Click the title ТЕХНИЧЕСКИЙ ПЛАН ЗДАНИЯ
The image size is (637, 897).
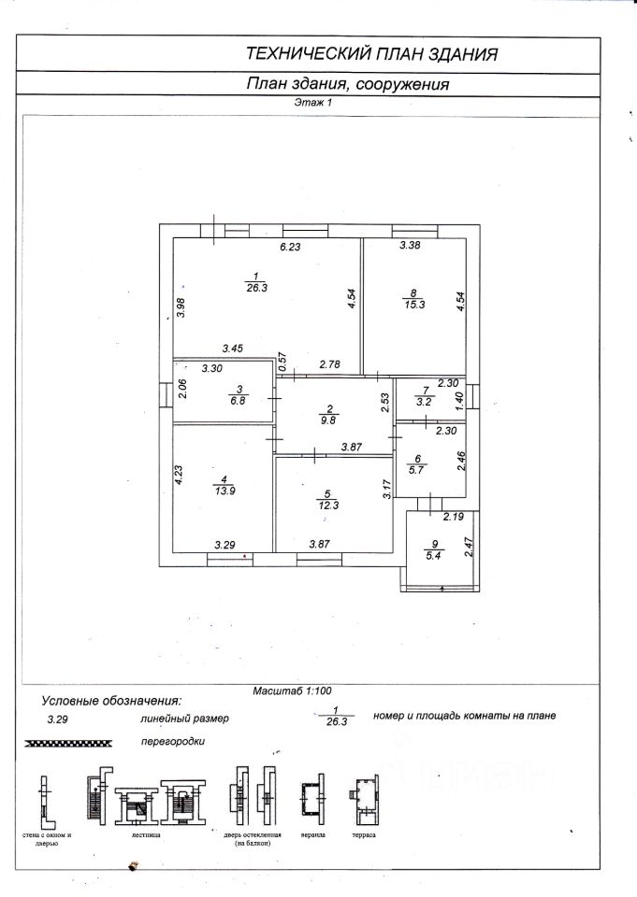click(x=369, y=53)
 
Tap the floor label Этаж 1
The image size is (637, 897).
click(x=314, y=104)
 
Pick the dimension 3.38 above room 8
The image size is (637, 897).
click(x=411, y=246)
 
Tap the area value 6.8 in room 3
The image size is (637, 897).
click(x=240, y=401)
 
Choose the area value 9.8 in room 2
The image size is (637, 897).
click(x=329, y=420)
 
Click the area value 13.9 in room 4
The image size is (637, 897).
click(x=224, y=491)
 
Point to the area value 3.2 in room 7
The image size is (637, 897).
click(x=425, y=401)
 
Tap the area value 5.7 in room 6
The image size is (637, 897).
click(x=419, y=470)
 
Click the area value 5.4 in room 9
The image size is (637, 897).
click(x=432, y=555)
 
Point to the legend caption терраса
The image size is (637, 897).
click(x=364, y=833)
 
